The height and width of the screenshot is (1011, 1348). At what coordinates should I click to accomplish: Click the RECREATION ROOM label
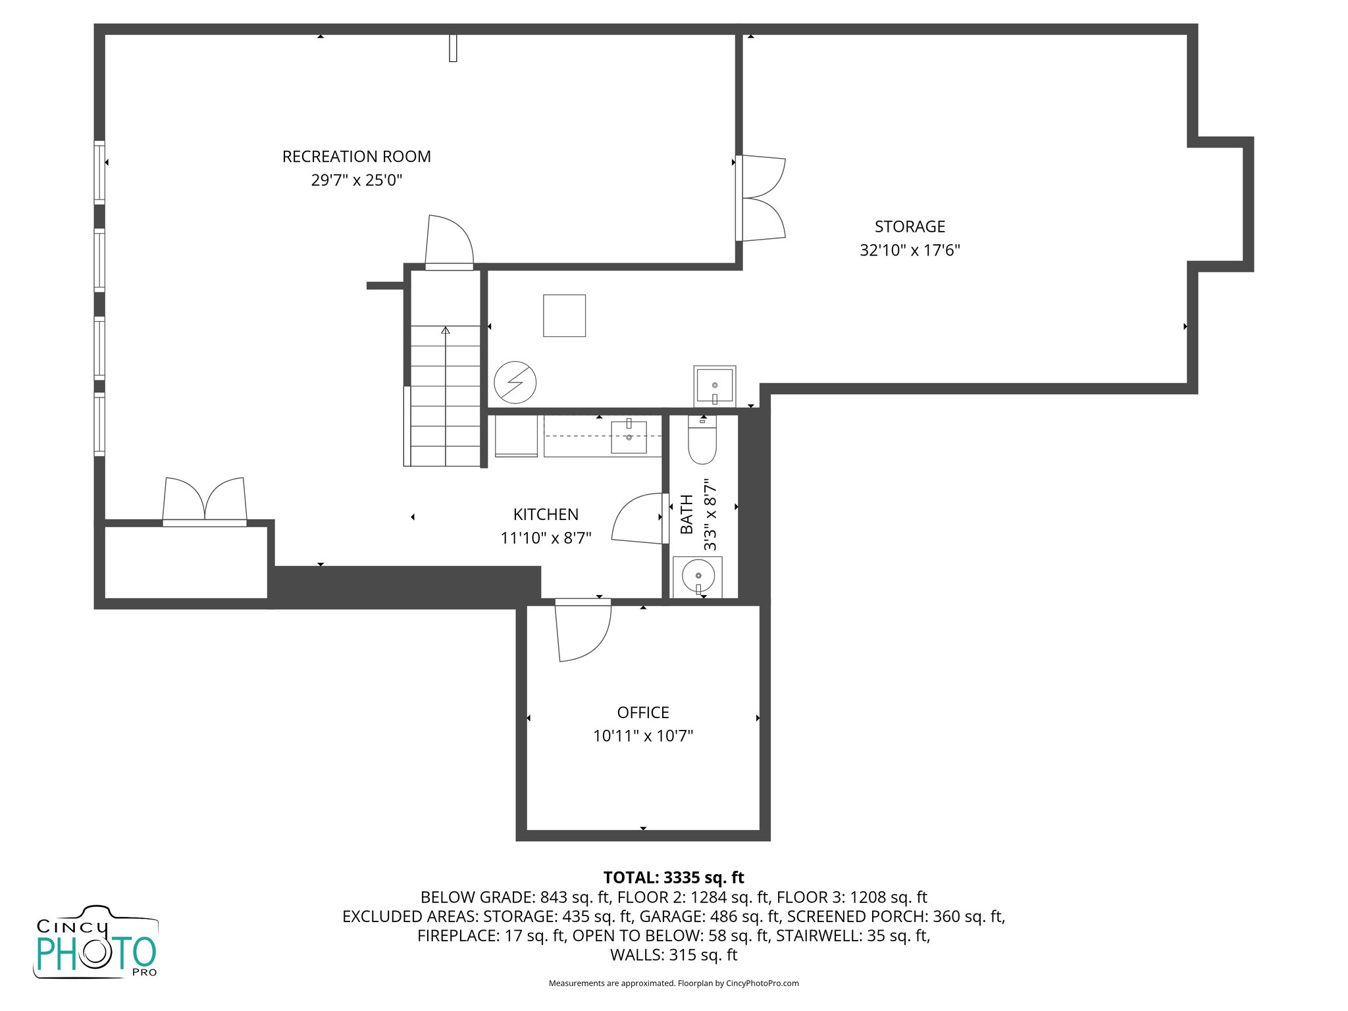356,157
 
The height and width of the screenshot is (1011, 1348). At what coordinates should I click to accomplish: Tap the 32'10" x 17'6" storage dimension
910,250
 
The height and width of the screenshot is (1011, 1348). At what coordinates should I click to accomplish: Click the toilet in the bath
702,440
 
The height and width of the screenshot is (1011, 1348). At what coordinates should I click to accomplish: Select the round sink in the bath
698,576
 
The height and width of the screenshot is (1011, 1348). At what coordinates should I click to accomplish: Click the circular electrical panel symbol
515,382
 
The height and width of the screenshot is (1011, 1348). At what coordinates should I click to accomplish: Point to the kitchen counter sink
629,437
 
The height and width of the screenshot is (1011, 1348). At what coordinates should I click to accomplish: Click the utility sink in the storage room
714,386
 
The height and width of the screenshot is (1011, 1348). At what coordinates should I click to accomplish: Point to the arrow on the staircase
446,330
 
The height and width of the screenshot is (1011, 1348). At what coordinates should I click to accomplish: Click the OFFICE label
643,712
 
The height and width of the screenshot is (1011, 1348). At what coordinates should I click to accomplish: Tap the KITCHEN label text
546,514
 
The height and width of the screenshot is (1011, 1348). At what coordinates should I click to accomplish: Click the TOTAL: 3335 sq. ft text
673,877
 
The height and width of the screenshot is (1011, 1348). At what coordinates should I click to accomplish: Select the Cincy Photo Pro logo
96,943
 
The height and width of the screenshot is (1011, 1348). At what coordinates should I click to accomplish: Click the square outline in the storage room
564,315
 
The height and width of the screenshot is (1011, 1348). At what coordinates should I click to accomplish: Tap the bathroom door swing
637,519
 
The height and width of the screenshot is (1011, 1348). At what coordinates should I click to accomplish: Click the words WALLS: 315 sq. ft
673,955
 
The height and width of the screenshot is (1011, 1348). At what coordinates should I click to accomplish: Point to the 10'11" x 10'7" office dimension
643,736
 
